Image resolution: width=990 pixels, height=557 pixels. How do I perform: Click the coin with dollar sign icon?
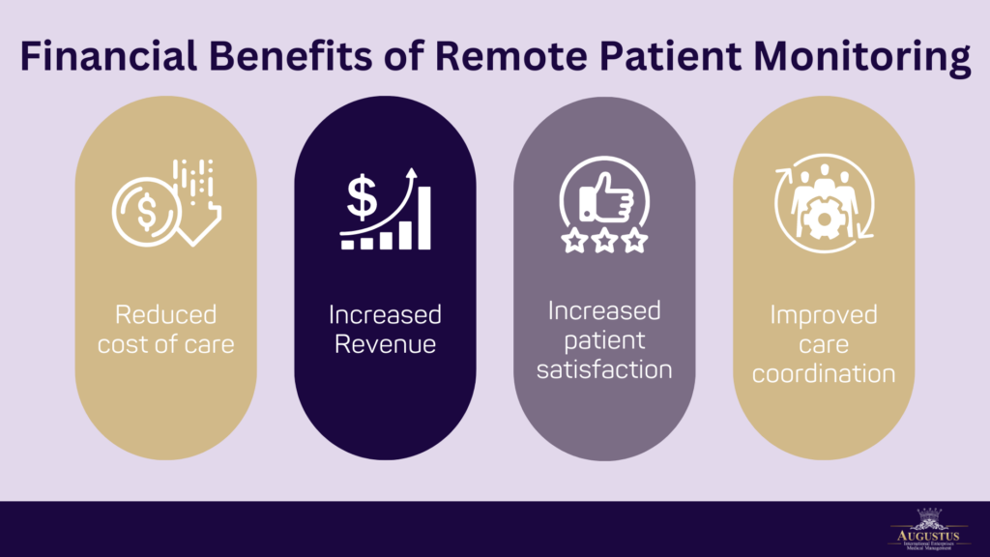click(146, 213)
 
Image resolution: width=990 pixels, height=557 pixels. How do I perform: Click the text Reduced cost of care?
click(165, 329)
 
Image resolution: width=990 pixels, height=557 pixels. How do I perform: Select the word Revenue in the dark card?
click(385, 343)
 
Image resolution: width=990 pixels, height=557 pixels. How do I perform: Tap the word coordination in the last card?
click(824, 372)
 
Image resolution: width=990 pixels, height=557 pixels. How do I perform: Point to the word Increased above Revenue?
click(385, 315)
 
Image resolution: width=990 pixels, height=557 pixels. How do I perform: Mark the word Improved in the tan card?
click(824, 316)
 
